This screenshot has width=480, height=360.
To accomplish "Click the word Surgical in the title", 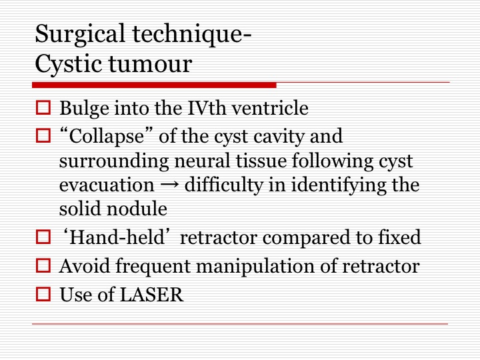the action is (80, 35).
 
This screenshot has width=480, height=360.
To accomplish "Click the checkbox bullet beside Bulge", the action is (43, 107).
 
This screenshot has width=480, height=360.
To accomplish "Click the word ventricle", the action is (270, 108).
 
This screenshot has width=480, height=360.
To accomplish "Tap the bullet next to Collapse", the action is (43, 135).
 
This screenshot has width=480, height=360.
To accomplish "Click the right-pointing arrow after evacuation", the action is (169, 185).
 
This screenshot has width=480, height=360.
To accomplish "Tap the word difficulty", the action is (224, 185).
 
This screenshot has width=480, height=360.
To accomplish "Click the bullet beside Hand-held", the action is (43, 237).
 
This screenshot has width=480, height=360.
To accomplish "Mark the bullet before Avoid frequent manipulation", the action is (43, 265).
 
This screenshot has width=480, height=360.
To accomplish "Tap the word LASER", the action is (152, 295).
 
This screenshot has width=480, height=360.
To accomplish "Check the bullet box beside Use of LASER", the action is (43, 294).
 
